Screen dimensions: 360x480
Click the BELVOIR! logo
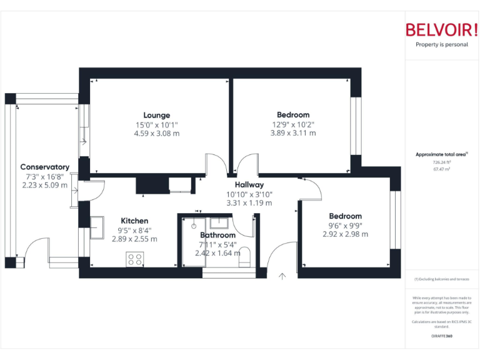(441, 29)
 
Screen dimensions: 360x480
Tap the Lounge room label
(157, 115)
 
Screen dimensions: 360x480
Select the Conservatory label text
(44, 167)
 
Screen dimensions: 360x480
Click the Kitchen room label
(134, 221)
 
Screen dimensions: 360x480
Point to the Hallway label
(249, 185)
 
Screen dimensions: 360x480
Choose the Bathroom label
(217, 235)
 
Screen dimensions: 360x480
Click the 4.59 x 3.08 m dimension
(157, 133)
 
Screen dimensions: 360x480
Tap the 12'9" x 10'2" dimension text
(293, 124)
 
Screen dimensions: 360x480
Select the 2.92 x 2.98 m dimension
(346, 234)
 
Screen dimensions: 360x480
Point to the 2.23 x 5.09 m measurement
(44, 185)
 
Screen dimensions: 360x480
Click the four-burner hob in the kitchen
(134, 258)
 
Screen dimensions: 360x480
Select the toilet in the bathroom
(246, 256)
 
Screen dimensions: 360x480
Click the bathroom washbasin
(219, 222)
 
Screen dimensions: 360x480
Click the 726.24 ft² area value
(441, 162)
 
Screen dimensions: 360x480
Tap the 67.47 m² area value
(441, 169)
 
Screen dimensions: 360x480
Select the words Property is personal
(441, 44)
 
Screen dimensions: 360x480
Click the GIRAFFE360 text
(441, 336)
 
